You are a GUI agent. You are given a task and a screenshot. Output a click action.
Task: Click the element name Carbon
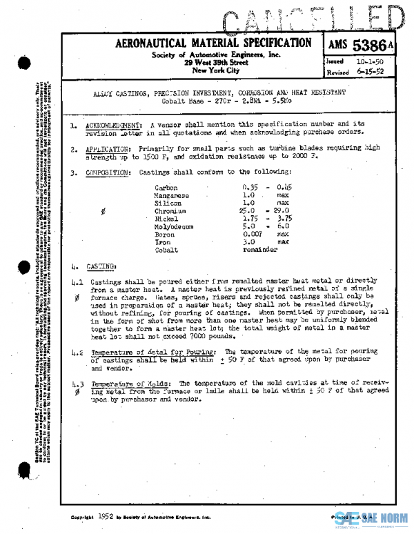tap(166, 188)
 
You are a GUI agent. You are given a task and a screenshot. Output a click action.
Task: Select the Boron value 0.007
tap(253, 234)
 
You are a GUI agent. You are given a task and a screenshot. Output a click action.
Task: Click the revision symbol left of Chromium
tap(103, 211)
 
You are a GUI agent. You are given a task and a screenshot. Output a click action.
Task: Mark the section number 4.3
tap(77, 383)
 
